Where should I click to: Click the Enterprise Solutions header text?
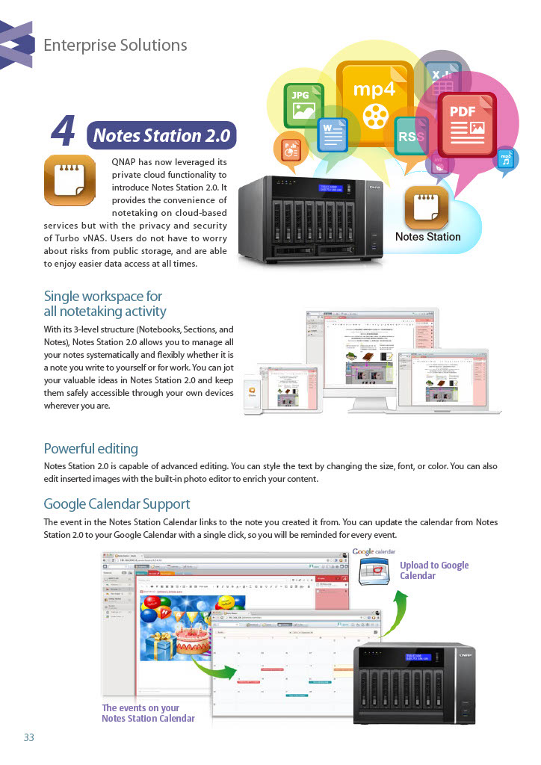coord(115,46)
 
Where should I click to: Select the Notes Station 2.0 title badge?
coord(162,136)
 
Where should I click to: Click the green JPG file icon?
coord(303,105)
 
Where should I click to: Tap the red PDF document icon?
coord(467,124)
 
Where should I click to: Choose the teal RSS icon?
coord(411,136)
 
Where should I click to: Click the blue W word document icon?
coord(333,137)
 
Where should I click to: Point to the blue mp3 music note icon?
coord(506,160)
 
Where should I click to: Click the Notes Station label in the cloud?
coord(427,237)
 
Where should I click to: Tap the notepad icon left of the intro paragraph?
coord(69,180)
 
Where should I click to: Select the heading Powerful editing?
coord(91,449)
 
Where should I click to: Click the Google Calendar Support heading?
coord(117,504)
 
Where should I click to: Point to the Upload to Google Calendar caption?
coord(434,570)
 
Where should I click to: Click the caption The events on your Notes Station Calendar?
coord(148,713)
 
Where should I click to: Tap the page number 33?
coord(29,737)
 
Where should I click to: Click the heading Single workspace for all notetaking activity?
coord(105,303)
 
